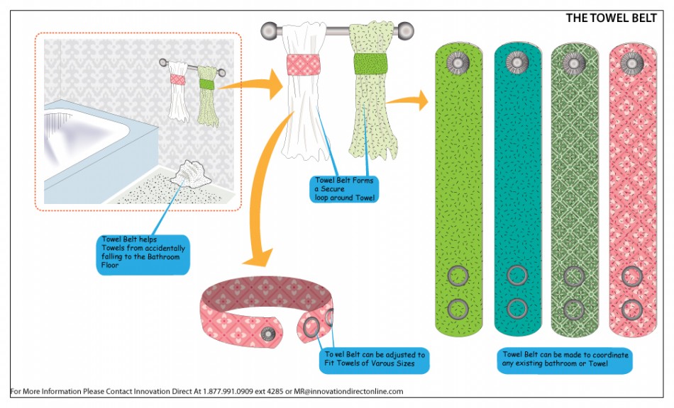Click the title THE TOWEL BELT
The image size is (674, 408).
611,18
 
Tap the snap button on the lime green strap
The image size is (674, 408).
458,62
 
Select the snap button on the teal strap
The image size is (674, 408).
516,62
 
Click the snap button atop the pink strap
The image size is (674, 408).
631,64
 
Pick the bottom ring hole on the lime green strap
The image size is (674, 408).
458,309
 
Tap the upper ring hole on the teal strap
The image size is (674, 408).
517,276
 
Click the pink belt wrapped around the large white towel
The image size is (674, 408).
304,64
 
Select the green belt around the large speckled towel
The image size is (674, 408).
370,64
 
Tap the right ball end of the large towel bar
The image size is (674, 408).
404,31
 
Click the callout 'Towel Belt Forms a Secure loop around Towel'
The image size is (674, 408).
344,188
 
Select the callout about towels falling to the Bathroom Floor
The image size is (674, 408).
143,254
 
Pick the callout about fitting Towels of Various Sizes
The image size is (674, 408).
375,360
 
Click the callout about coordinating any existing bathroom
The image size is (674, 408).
565,360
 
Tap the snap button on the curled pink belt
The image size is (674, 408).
268,334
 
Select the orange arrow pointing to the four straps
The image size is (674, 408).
407,101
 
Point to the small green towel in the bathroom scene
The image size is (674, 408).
208,96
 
